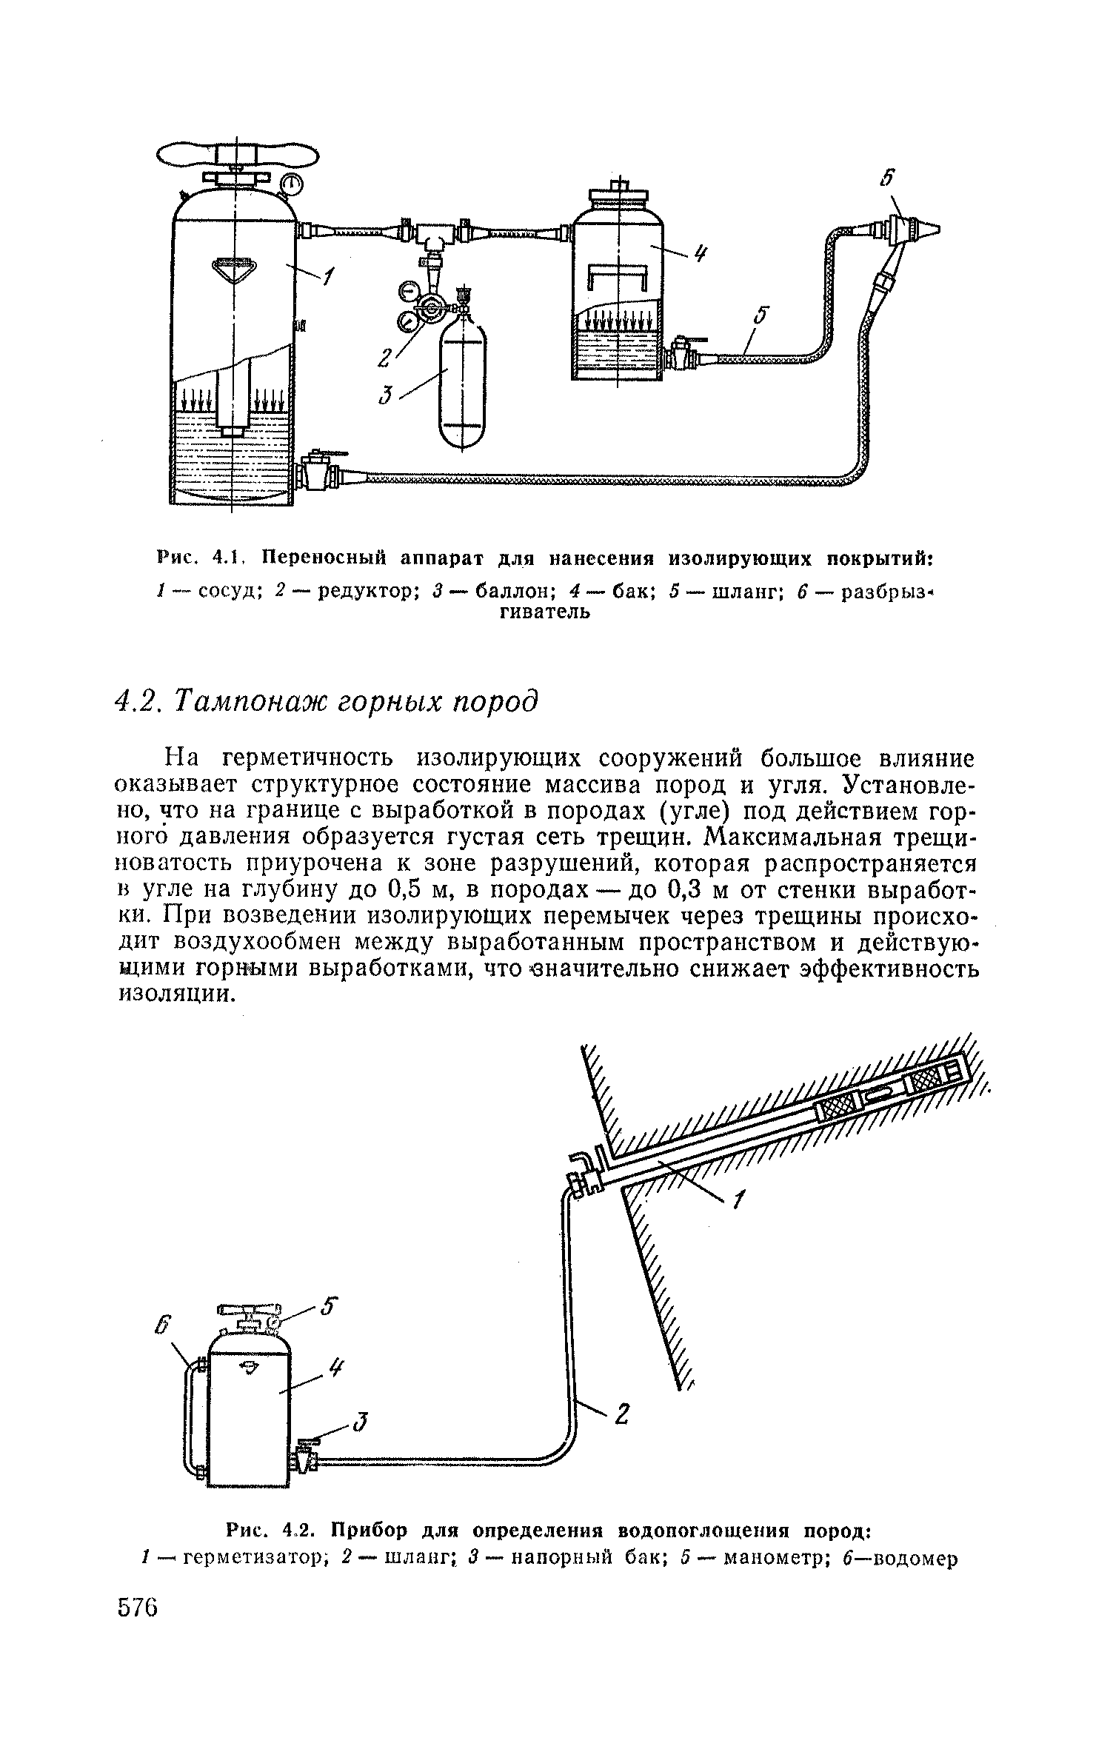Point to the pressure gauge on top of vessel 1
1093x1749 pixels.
coord(293,182)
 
